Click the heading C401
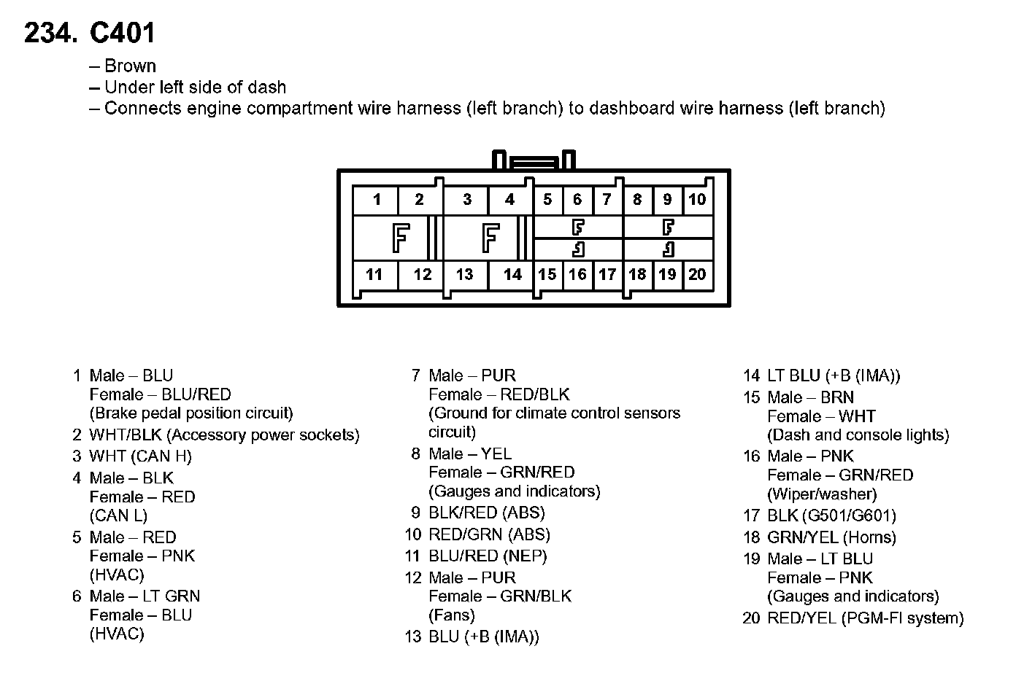[122, 33]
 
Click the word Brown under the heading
[130, 66]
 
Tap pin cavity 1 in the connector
[377, 200]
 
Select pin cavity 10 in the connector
[697, 200]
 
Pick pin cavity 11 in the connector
[374, 275]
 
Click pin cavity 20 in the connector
[697, 275]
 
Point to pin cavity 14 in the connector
[512, 275]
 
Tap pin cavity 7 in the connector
[607, 200]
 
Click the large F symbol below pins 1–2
[399, 238]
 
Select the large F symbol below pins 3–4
[490, 238]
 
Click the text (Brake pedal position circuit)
[191, 413]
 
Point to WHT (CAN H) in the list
[141, 456]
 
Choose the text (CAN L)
[118, 515]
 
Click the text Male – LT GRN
[145, 596]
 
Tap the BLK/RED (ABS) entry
[487, 513]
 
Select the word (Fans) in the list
[452, 615]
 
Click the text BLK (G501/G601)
[831, 516]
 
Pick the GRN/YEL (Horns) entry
[831, 538]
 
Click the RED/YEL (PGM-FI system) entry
[865, 619]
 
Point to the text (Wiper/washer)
[822, 494]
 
